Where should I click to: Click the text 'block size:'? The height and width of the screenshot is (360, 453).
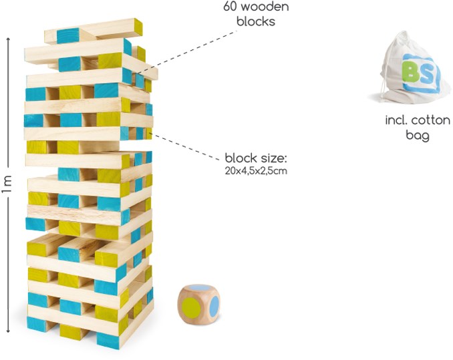point(255,159)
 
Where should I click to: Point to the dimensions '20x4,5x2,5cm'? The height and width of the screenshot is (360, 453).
point(256,171)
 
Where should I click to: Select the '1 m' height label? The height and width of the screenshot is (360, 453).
point(7,184)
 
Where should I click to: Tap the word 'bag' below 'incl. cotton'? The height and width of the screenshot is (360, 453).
point(417,135)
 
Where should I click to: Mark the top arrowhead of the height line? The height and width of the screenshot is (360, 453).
point(7,38)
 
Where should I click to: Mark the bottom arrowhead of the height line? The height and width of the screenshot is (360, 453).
point(7,330)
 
